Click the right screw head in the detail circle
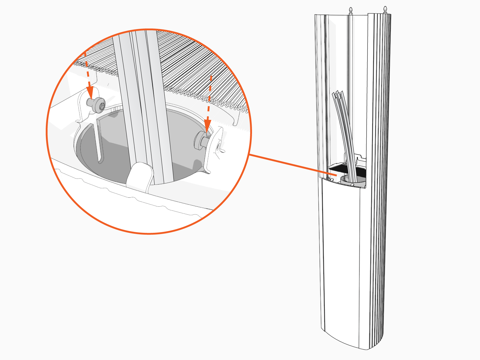[x=199, y=140]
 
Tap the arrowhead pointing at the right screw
[x=207, y=126]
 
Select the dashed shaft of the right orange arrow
[x=210, y=96]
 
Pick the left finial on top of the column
[x=351, y=11]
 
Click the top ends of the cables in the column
[x=337, y=93]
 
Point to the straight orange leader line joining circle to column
[x=288, y=164]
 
